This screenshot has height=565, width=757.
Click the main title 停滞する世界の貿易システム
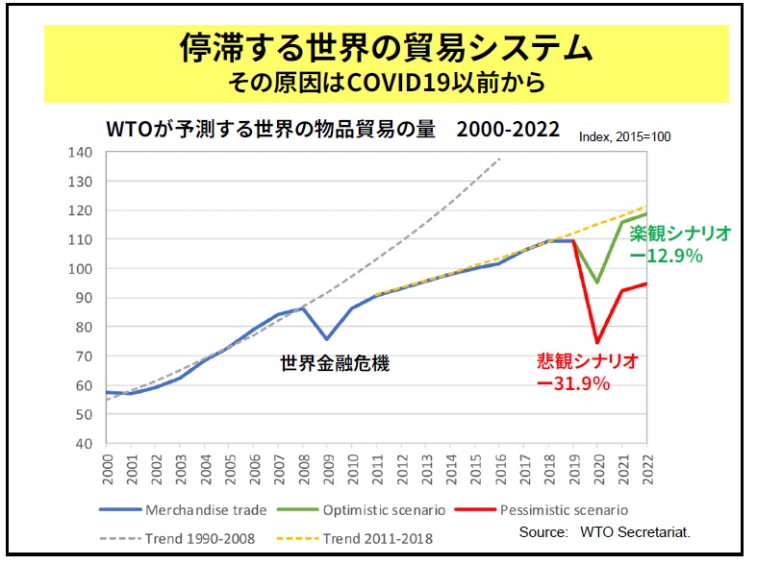tap(386, 48)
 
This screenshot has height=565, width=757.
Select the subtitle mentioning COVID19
tap(386, 83)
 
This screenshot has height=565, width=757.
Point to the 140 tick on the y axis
tap(81, 152)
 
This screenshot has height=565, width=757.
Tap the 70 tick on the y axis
tap(84, 356)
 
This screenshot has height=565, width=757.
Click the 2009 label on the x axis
tap(327, 470)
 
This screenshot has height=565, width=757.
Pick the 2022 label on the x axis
tap(646, 470)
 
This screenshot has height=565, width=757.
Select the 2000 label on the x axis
tap(106, 470)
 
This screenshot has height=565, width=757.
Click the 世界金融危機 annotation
tap(335, 364)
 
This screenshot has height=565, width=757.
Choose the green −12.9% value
tap(666, 257)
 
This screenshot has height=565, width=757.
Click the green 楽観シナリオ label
tap(680, 233)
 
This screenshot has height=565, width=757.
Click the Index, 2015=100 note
tap(624, 137)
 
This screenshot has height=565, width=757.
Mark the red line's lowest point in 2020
tap(597, 342)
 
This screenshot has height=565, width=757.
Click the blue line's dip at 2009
tap(327, 339)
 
